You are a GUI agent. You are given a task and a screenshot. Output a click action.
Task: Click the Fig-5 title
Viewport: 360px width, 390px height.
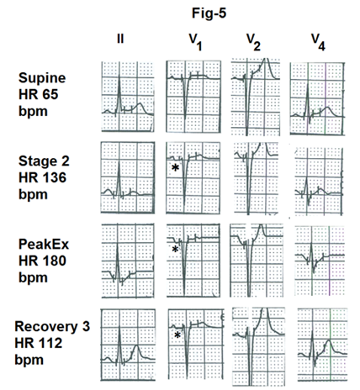pos(209,13)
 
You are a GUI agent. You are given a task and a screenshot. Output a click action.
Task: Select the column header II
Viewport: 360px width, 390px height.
pos(120,39)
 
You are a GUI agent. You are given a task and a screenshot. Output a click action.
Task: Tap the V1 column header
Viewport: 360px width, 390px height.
pos(195,42)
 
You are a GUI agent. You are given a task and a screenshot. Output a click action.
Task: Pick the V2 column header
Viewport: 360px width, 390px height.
pos(253,42)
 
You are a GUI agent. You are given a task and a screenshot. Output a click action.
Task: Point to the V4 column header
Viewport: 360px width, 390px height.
pos(319,42)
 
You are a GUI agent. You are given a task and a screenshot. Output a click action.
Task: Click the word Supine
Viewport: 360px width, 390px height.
pos(42,78)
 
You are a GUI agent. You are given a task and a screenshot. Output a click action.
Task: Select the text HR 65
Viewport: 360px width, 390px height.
pos(39,94)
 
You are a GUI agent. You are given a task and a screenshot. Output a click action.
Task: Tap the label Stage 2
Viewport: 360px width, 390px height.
pos(44,161)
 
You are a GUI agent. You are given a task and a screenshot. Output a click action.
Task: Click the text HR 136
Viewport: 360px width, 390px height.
pos(42,177)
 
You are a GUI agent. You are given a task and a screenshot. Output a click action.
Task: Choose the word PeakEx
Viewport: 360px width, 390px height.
pos(44,245)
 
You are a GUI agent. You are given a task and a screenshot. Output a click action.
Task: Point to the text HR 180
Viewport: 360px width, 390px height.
pos(42,261)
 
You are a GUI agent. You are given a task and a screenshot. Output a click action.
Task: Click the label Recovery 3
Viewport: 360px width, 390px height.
pos(52,327)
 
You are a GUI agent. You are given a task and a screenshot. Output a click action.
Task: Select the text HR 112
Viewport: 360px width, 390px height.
pos(39,343)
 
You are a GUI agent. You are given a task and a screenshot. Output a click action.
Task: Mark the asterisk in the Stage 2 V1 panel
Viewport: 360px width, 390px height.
pos(175,167)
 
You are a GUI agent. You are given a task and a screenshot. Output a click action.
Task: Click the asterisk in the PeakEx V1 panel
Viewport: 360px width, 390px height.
pos(175,249)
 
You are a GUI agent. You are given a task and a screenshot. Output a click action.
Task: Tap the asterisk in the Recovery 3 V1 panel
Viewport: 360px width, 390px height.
pos(177,335)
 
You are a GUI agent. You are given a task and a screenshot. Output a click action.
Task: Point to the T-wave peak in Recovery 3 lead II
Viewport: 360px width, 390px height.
pos(136,345)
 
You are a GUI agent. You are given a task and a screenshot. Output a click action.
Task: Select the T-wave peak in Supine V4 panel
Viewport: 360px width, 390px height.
pos(327,108)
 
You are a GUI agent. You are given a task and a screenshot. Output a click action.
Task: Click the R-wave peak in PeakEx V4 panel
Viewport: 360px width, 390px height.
pos(311,243)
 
